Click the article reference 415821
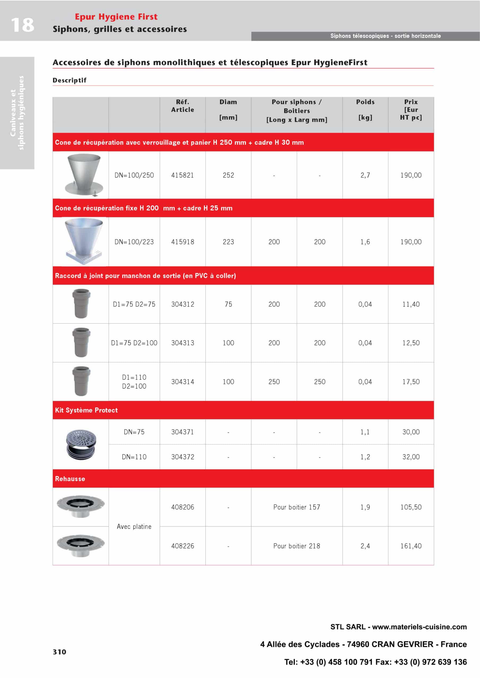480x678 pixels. click(x=182, y=175)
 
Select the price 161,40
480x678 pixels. click(x=411, y=546)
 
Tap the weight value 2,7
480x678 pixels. click(x=365, y=175)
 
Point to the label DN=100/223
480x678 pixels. click(x=134, y=242)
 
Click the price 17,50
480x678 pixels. click(x=411, y=382)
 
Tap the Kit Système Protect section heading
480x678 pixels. click(x=86, y=410)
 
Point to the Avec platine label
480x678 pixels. click(x=134, y=527)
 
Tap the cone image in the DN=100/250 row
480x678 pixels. click(x=84, y=175)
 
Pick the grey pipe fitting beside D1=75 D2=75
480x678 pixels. click(x=81, y=304)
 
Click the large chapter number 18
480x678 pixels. click(x=23, y=25)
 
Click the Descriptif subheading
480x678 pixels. click(x=69, y=80)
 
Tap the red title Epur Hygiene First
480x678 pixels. click(x=116, y=17)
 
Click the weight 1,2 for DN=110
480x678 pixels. click(x=365, y=457)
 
